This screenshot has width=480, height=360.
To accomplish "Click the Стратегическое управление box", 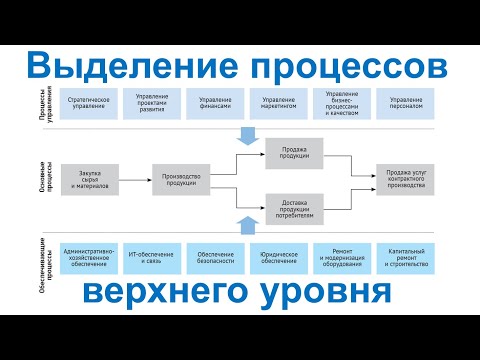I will coord(88,104).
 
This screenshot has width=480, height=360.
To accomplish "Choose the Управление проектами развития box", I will coord(152,104).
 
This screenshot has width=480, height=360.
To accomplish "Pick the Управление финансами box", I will coord(216,104).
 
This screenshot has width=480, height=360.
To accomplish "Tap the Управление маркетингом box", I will coord(279,104).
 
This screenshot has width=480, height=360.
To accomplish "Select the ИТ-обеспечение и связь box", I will coord(152,258).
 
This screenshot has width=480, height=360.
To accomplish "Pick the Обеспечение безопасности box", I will coord(216,258).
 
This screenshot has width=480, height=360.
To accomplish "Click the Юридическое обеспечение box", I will coord(279,258).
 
